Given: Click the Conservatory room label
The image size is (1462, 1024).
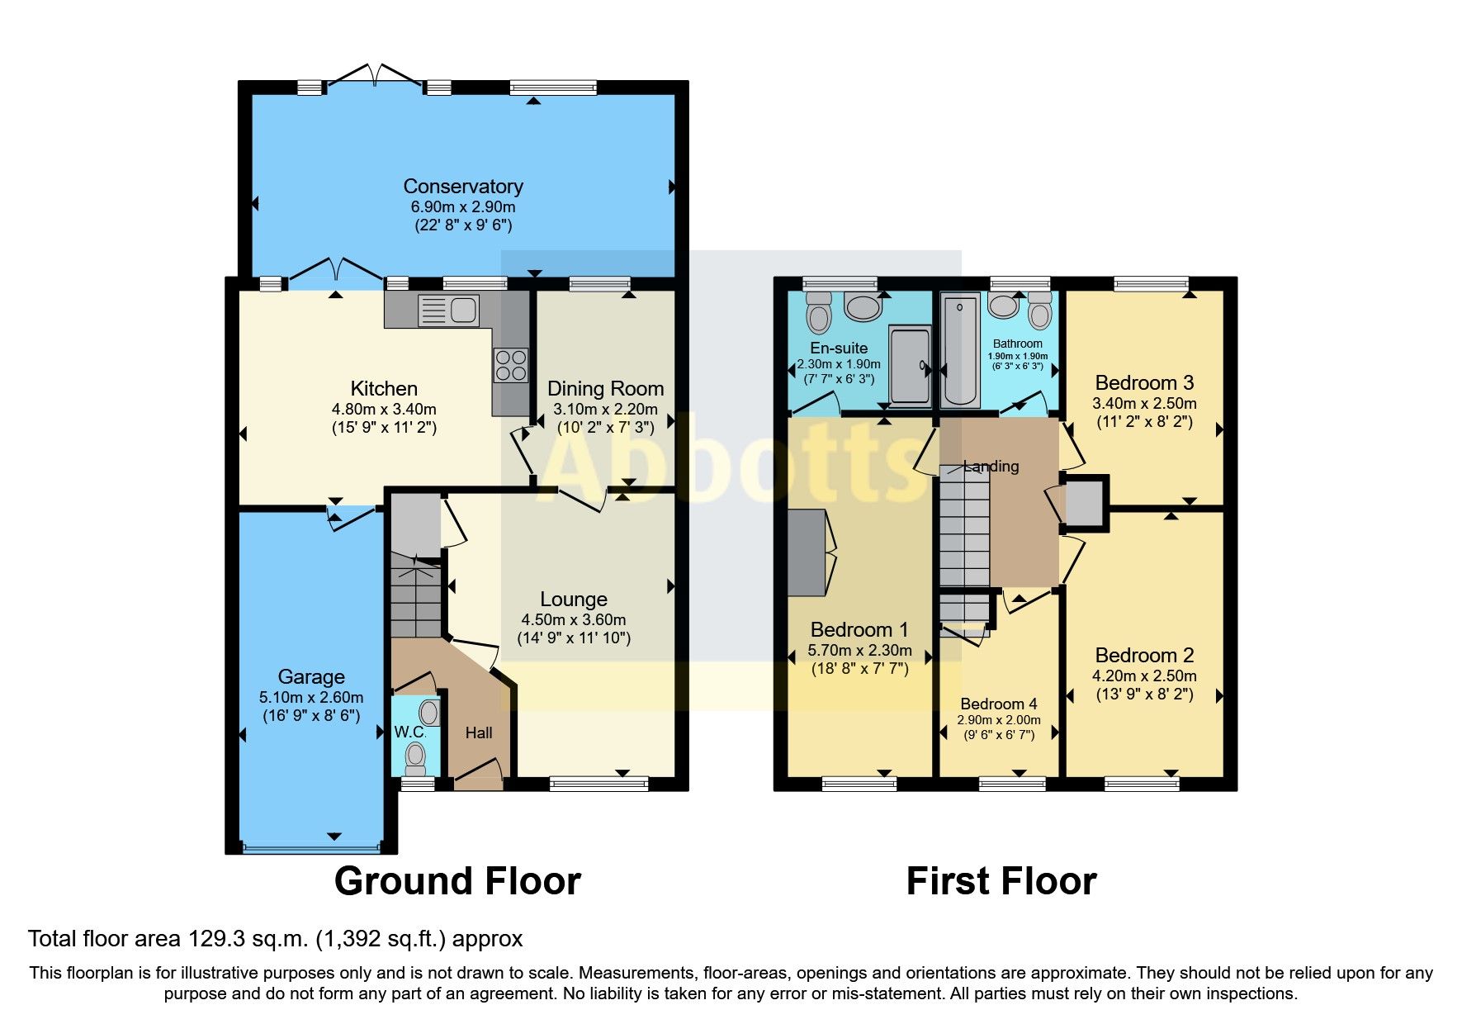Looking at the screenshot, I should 462,187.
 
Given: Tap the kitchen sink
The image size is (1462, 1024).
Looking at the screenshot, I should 448,311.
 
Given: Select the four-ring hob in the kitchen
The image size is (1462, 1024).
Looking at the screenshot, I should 510,364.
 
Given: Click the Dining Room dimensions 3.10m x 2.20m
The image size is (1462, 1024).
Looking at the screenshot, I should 605,409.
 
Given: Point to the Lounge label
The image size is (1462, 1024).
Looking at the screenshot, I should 573,600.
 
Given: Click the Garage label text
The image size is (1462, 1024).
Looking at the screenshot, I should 311,677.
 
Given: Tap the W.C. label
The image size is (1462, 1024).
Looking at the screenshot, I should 409,732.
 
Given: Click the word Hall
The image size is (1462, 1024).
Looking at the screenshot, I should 478,732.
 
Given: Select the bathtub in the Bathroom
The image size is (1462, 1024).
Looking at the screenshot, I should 960,352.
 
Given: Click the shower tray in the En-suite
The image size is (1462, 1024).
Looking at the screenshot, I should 910,365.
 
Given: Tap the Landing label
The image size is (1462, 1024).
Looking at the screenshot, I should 991,467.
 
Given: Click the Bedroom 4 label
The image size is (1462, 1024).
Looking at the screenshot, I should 998,704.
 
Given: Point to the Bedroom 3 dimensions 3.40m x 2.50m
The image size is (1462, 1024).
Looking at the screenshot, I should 1143,404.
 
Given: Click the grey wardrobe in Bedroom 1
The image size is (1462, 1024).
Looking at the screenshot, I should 807,552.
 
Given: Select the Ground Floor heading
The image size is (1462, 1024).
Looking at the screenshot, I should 457,881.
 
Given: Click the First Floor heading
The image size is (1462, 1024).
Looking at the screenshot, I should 1001,881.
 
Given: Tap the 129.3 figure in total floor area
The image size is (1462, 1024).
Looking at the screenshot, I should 212,939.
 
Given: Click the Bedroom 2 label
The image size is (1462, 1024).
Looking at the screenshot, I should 1144,656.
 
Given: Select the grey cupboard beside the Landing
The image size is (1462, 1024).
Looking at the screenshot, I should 1084,503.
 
